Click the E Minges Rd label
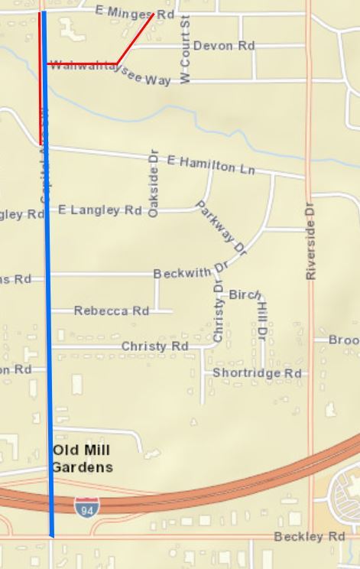(x=125, y=12)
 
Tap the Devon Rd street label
(x=223, y=46)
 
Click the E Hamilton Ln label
(x=210, y=164)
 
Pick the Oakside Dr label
(x=153, y=187)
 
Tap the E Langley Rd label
(x=100, y=210)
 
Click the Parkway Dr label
(x=222, y=227)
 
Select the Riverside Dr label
(x=310, y=240)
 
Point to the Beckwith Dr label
(x=191, y=271)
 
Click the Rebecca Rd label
(x=112, y=311)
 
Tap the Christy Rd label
(x=155, y=346)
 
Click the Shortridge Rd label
(x=257, y=373)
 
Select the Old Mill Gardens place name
(x=83, y=459)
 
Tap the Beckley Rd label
(x=309, y=537)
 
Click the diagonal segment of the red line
(x=135, y=38)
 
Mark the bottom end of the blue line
(x=52, y=535)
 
